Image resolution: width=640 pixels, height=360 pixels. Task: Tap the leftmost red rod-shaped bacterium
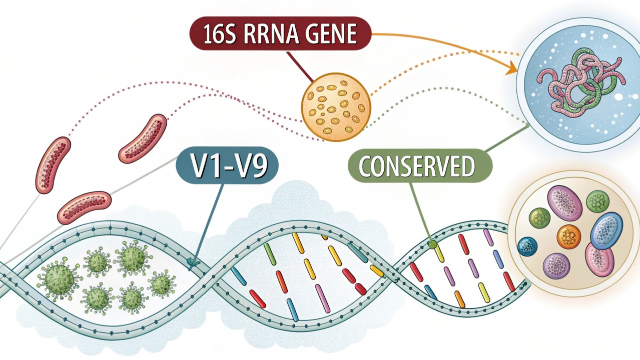(x=53, y=164)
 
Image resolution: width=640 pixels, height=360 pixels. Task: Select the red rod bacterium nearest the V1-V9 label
(x=143, y=138)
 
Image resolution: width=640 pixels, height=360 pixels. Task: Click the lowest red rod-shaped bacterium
(x=85, y=207)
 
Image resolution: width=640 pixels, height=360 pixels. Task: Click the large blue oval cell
(x=606, y=230)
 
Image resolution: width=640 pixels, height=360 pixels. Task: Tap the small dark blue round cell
(x=527, y=246)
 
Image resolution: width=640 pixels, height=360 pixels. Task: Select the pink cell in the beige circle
(x=599, y=259)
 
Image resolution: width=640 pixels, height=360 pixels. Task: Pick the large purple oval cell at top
(x=565, y=203)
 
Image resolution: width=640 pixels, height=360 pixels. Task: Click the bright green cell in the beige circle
(x=597, y=201)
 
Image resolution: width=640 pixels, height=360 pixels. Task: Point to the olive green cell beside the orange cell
(x=539, y=218)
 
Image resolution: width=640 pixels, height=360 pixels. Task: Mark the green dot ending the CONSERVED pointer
(x=432, y=244)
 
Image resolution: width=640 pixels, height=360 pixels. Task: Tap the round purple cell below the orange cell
(x=556, y=265)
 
